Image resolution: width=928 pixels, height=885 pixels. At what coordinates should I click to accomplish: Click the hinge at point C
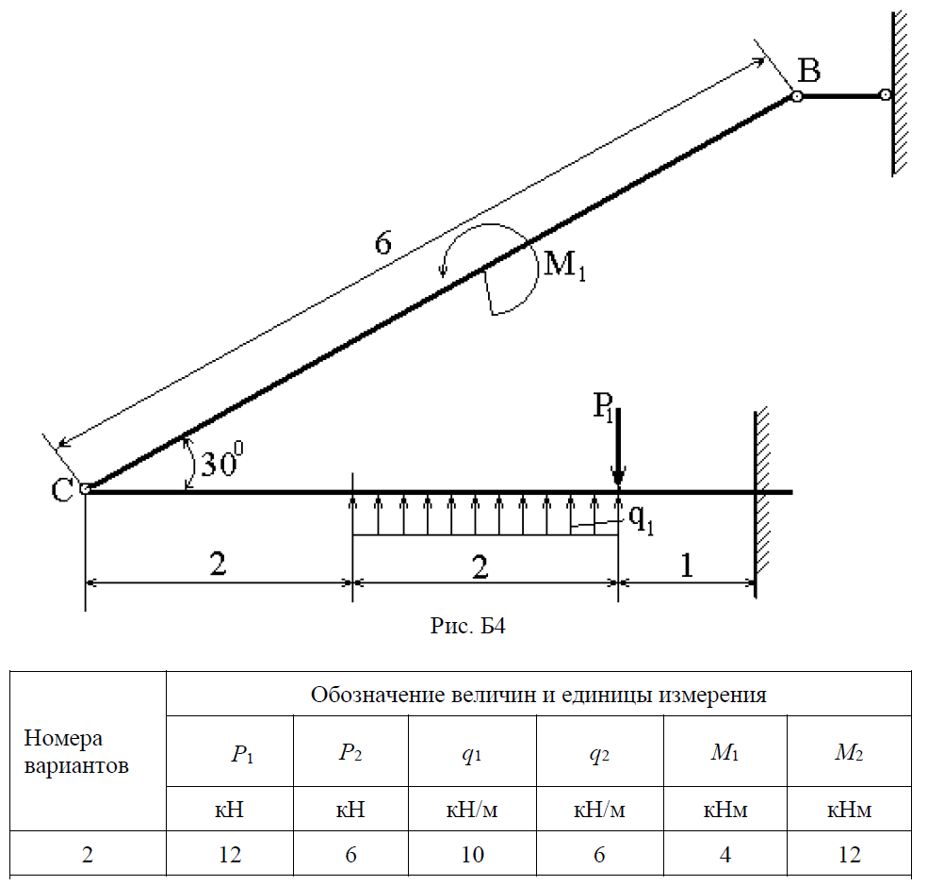pos(85,489)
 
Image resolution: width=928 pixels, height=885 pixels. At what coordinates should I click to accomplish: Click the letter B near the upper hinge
pos(808,70)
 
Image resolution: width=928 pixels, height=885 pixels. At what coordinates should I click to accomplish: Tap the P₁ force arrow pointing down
pos(618,443)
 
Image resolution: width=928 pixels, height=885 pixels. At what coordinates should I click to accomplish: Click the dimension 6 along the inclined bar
pos(382,244)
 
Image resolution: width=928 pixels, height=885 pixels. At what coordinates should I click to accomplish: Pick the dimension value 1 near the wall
pos(687,565)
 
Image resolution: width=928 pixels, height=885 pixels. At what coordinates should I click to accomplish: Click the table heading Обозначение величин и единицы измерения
pos(538,696)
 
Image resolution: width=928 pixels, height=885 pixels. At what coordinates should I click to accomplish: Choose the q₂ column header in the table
pos(600,753)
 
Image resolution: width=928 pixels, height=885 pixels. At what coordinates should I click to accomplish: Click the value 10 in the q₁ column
pos(472,855)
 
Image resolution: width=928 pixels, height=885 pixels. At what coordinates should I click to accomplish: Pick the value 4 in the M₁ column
pos(728,855)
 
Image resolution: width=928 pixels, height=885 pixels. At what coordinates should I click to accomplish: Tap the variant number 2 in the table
pos(89,855)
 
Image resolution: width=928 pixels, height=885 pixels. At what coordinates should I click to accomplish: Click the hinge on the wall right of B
pos(884,95)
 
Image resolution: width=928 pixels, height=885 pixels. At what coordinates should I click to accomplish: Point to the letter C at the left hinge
pos(61,489)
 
